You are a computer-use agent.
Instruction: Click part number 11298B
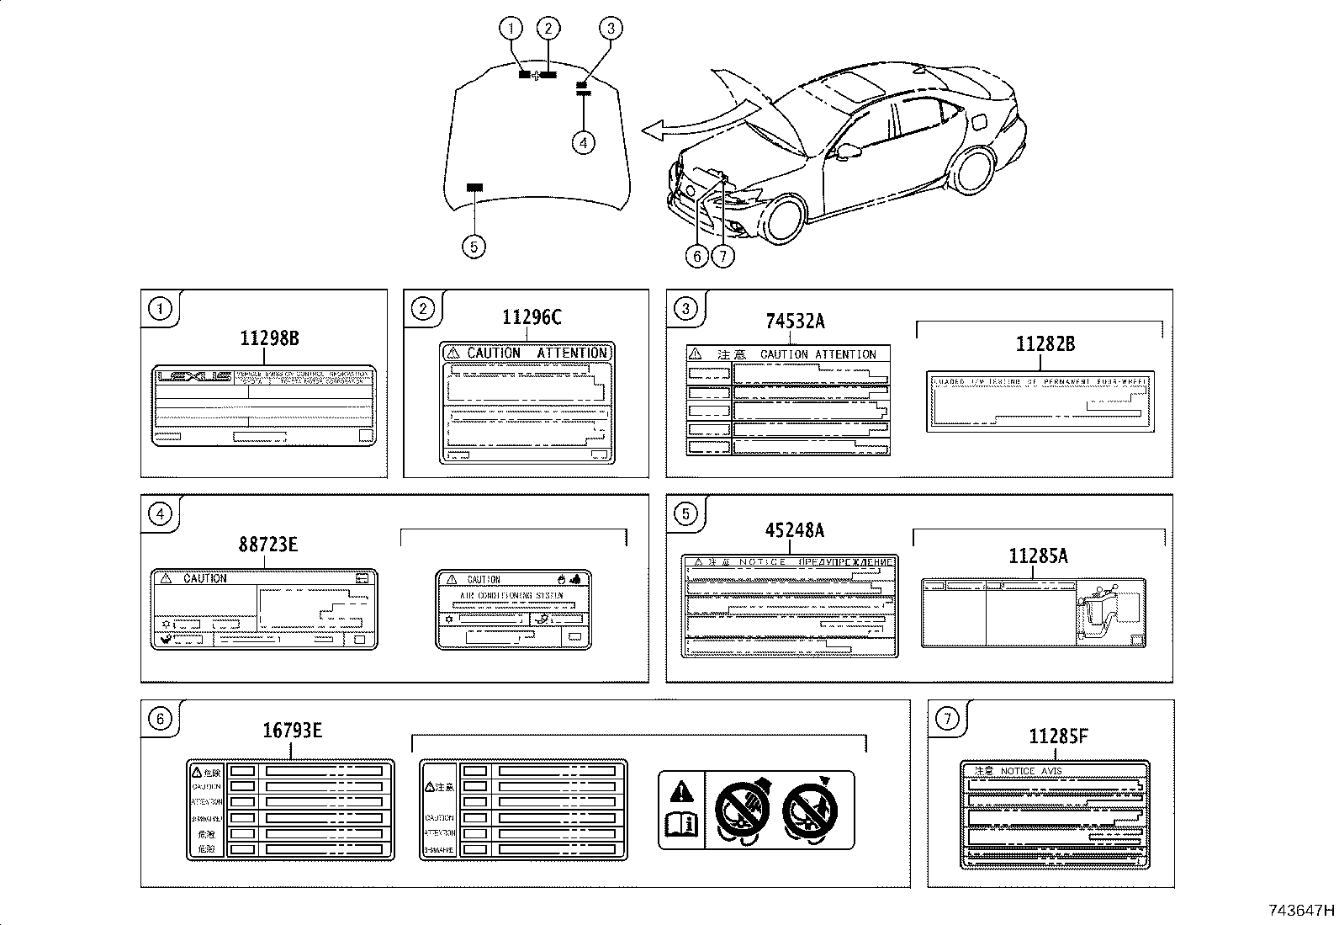269,339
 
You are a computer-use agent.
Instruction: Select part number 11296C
532,317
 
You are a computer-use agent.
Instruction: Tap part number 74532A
795,322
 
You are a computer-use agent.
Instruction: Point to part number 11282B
1045,344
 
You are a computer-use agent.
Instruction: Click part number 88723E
267,545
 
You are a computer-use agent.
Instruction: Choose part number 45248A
794,530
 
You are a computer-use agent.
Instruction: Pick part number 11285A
1038,556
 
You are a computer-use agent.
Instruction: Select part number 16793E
292,730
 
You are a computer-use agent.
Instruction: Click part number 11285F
1058,736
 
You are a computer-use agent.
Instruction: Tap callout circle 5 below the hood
474,247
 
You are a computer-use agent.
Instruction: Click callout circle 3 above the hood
611,29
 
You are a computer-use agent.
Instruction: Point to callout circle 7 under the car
722,255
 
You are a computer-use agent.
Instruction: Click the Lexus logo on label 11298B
194,377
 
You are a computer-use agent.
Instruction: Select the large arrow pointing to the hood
685,124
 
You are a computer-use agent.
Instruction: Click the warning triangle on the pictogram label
681,791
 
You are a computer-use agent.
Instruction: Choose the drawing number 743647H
1301,911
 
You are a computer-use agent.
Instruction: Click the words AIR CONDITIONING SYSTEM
511,595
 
